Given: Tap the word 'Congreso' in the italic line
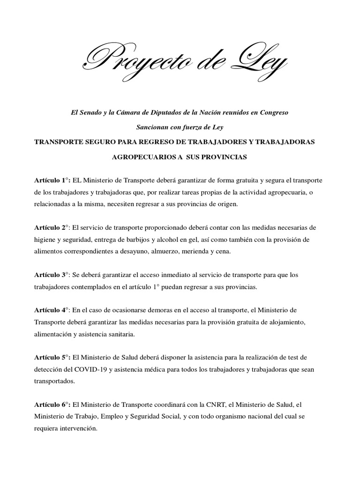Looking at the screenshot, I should [275, 114].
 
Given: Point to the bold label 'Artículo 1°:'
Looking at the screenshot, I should [52, 181].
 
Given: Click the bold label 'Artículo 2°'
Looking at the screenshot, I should [51, 228].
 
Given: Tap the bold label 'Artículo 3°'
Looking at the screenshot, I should [51, 275].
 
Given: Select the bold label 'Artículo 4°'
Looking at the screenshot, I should [51, 310].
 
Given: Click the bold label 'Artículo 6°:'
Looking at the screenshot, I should [52, 405].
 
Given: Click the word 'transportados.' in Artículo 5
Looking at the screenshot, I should [54, 381].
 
